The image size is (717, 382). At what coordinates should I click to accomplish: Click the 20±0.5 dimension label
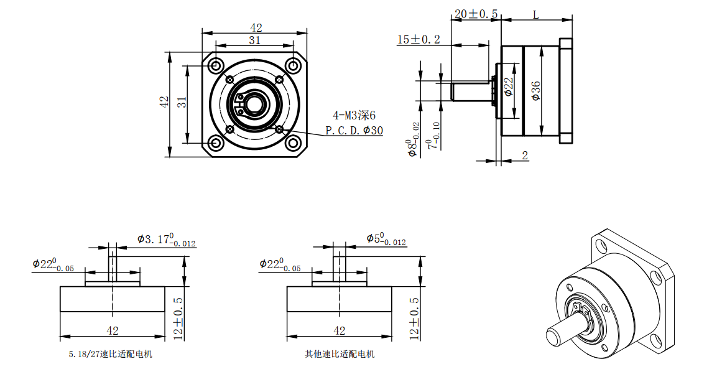pyautogui.click(x=476, y=14)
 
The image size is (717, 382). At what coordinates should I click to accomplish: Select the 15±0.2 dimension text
pyautogui.click(x=419, y=39)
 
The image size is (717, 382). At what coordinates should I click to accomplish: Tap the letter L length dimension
pyautogui.click(x=535, y=15)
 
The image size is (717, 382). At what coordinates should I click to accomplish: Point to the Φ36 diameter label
pyautogui.click(x=536, y=91)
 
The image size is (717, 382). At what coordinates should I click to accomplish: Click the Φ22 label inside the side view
pyautogui.click(x=508, y=87)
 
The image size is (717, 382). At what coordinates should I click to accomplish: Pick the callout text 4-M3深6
pyautogui.click(x=354, y=115)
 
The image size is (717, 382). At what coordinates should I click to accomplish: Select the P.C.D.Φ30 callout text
pyautogui.click(x=354, y=131)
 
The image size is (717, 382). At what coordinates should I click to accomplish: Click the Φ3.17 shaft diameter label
pyautogui.click(x=166, y=240)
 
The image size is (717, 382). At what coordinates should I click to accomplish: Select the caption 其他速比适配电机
pyautogui.click(x=340, y=355)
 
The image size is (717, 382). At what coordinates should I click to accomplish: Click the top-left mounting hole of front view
pyautogui.click(x=216, y=65)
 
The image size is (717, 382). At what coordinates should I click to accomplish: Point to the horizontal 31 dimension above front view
pyautogui.click(x=254, y=40)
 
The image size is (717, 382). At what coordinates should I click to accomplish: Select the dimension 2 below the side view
pyautogui.click(x=525, y=156)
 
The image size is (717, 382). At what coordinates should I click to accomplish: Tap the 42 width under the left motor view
pyautogui.click(x=113, y=330)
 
